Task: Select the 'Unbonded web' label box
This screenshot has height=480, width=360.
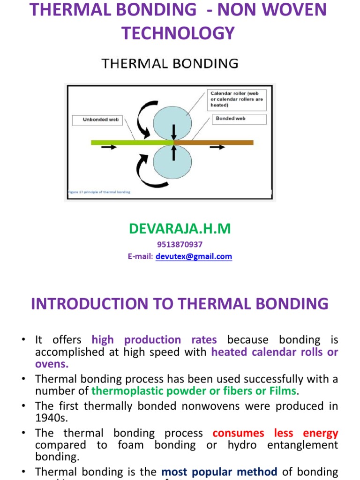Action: pos(101,120)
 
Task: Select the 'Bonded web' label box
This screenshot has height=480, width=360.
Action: pos(240,119)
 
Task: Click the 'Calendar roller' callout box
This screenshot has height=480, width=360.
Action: pos(237,99)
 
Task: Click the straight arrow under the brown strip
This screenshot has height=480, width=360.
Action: pos(217,148)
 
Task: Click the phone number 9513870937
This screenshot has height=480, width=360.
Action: pos(180,245)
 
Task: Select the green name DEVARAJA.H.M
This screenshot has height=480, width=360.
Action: pos(180,229)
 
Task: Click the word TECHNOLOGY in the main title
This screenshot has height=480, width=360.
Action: pos(178,33)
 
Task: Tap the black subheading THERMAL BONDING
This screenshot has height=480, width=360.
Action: pos(170,63)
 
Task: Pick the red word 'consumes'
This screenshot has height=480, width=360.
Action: pos(238,433)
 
